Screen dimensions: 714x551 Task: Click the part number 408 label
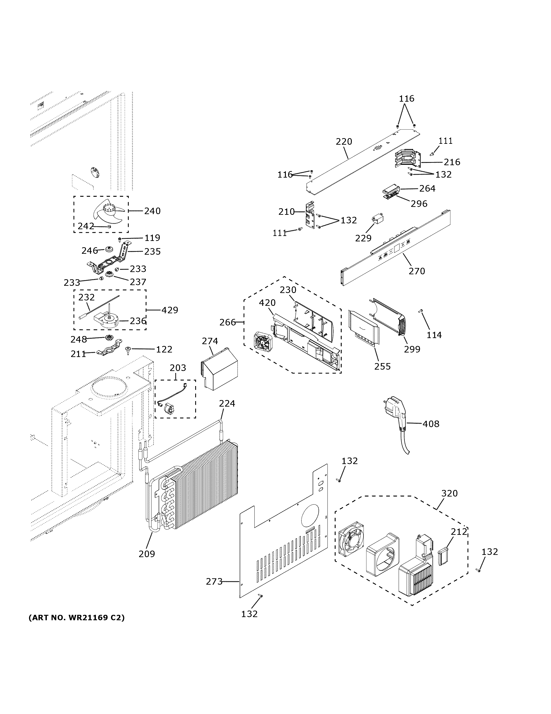431,424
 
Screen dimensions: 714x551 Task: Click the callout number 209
147,554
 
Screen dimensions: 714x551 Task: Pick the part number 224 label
227,403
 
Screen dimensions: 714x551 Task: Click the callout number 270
417,271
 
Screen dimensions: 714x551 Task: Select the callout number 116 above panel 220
406,98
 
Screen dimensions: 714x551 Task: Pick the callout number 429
170,310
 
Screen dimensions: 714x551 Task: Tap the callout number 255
382,366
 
